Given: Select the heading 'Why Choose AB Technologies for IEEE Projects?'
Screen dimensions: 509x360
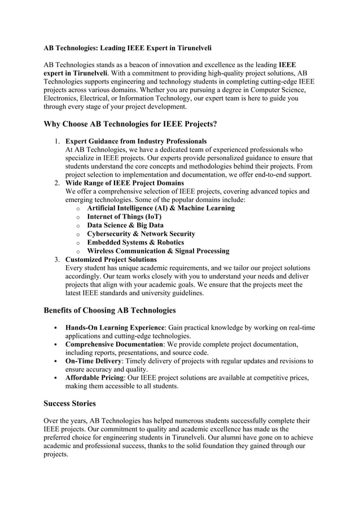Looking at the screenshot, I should click(130, 124).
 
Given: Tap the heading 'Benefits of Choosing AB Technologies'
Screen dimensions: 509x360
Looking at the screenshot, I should click(109, 310).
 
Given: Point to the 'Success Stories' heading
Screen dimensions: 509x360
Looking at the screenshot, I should click(69, 403).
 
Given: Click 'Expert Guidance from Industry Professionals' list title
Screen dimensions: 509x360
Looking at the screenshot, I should click(136, 141).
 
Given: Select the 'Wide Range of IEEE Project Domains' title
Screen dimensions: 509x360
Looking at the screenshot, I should click(125, 183).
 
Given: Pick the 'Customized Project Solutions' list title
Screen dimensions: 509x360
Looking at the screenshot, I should click(111, 260).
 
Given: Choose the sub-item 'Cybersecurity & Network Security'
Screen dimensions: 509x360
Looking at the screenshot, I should click(141, 234).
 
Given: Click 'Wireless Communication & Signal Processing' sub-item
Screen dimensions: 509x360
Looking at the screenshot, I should click(158, 251).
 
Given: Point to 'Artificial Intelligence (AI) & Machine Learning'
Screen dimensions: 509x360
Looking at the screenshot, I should click(161, 208).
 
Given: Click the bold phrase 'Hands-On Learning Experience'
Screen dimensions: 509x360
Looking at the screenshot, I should click(115, 328).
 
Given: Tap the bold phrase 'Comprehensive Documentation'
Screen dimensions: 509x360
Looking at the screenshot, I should click(114, 344).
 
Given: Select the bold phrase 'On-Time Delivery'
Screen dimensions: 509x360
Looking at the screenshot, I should click(93, 361).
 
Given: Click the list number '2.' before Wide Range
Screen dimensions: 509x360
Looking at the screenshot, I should click(58, 183).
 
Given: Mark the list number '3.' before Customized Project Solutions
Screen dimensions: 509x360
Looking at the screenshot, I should click(58, 260).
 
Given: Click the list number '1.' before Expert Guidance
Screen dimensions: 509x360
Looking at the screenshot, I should click(58, 141).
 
